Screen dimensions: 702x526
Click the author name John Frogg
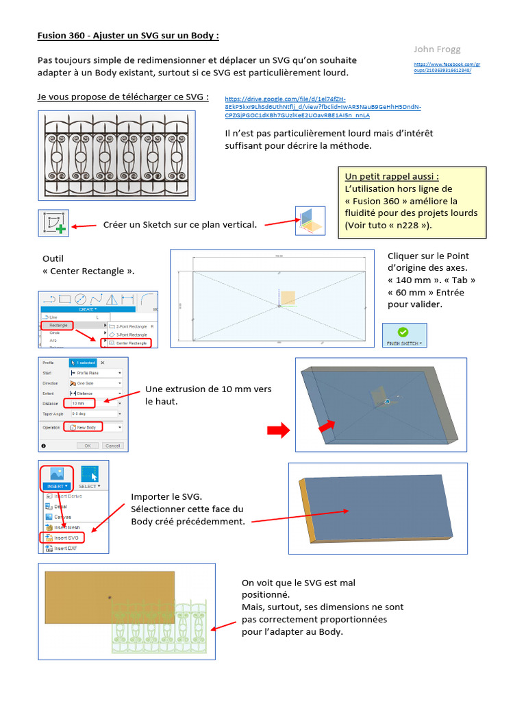tap(437, 49)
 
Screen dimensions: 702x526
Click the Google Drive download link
tap(323, 106)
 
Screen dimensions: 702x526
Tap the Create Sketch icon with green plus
tap(53, 223)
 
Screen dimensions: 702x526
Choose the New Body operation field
tap(84, 427)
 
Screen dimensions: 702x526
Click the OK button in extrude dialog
tap(87, 446)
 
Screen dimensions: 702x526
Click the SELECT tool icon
tap(90, 474)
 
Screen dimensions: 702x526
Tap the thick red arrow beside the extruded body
tap(277, 429)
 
